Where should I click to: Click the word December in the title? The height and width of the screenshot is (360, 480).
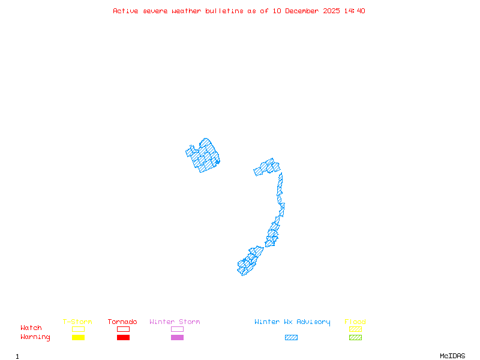306,11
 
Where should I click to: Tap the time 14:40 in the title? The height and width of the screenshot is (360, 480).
354,11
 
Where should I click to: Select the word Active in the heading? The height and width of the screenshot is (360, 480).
125,11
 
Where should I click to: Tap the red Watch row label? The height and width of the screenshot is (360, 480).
31,328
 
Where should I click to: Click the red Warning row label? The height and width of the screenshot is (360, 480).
35,337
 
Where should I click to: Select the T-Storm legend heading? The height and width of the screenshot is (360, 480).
77,322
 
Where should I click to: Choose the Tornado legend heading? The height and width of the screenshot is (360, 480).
122,322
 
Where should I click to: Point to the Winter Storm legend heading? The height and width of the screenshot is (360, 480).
175,322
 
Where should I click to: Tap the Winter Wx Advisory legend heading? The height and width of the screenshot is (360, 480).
292,322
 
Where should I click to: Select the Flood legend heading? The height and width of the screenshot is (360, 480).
355,322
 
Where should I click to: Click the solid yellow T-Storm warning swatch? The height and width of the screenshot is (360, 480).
78,338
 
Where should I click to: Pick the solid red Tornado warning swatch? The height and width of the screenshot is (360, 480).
123,338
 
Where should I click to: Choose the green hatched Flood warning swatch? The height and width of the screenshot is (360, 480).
355,338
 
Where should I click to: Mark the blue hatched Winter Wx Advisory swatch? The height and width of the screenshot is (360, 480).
291,338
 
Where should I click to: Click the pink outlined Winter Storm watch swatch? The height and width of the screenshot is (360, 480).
177,329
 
